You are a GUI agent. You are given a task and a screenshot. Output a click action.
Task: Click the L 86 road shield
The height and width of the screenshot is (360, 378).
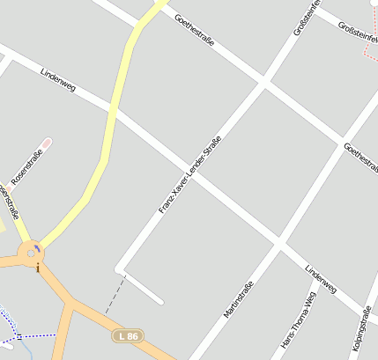[127, 335]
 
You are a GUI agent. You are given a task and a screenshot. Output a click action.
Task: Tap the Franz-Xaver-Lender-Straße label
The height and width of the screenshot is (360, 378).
[189, 174]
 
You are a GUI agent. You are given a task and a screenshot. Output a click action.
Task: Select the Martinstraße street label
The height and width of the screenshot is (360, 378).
[238, 299]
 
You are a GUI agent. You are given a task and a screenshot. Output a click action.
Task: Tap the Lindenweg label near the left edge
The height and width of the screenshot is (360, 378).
[58, 80]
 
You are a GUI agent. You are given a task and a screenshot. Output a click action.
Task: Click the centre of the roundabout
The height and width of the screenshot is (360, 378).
[30, 252]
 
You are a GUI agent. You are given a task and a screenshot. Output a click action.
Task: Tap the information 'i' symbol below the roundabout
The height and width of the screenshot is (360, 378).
[38, 268]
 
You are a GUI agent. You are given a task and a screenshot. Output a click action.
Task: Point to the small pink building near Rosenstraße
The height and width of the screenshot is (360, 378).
[47, 142]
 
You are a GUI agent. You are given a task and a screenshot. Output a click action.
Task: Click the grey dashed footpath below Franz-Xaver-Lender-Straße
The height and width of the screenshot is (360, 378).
[115, 295]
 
